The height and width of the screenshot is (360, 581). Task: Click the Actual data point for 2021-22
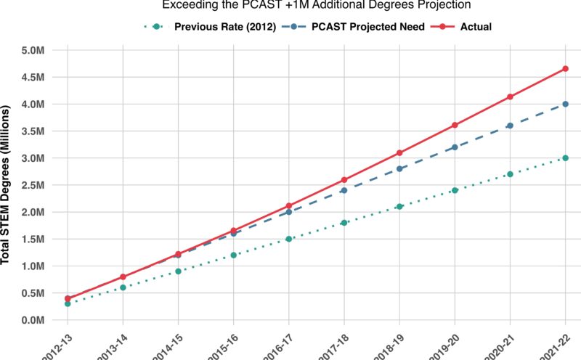pos(565,69)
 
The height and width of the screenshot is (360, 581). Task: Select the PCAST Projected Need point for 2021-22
pos(565,104)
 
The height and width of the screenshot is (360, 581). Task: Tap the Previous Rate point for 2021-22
pos(565,158)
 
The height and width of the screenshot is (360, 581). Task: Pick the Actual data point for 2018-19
pos(399,153)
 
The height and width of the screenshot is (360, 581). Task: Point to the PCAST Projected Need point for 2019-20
pos(455,147)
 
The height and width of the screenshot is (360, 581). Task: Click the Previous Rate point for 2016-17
pos(289,239)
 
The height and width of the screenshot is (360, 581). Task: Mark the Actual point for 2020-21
pos(510,97)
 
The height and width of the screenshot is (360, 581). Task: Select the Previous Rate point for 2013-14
pos(123,287)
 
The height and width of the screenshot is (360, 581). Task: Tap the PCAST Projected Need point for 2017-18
pos(344,190)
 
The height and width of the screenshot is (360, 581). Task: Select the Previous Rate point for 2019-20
pos(455,190)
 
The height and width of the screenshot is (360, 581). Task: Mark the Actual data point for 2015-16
pos(234,231)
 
